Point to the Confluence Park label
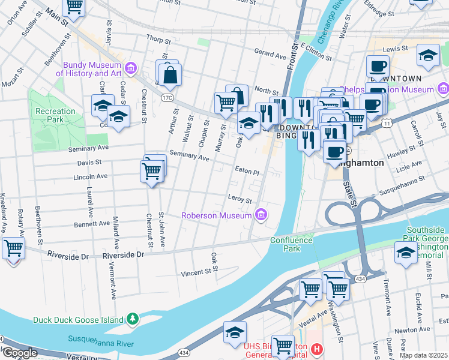point(291,244)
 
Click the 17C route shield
point(167,97)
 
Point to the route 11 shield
point(388,123)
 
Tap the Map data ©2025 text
point(423,355)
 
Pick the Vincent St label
point(197,273)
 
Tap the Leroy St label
point(239,197)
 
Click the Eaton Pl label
point(247,171)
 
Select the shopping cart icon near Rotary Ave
point(13,247)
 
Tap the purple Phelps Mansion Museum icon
point(443,90)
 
